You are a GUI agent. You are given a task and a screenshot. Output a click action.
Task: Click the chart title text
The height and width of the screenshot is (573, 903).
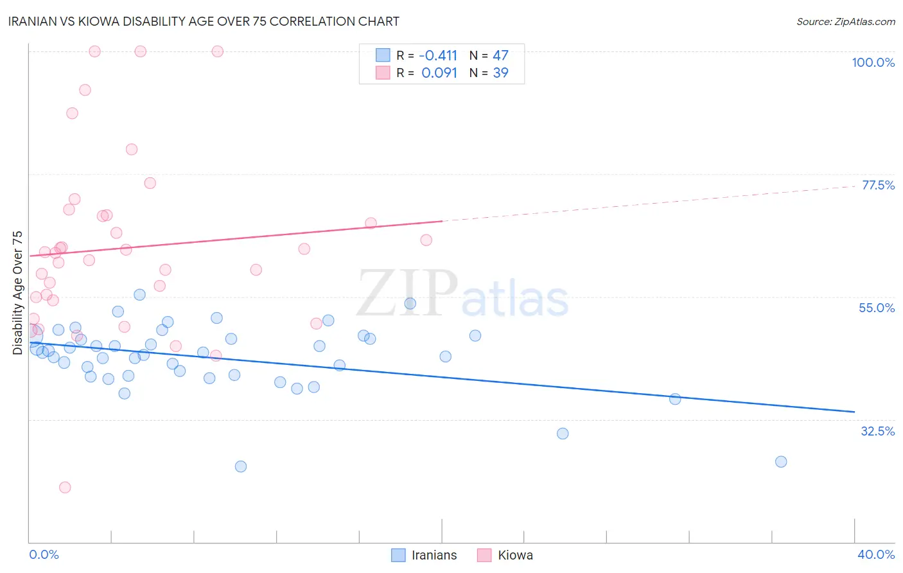pyautogui.click(x=204, y=21)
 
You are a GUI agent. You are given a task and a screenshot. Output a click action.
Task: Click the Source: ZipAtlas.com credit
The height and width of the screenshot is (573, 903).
pyautogui.click(x=845, y=21)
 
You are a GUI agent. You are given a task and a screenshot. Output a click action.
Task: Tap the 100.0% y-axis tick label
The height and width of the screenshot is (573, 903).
pyautogui.click(x=873, y=62)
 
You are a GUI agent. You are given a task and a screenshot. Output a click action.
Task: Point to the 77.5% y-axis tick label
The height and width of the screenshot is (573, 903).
pyautogui.click(x=878, y=185)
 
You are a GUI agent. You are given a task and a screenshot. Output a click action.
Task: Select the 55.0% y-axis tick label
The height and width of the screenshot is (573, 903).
pyautogui.click(x=877, y=308)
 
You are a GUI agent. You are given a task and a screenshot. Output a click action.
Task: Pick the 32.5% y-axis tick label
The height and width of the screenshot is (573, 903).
pyautogui.click(x=877, y=431)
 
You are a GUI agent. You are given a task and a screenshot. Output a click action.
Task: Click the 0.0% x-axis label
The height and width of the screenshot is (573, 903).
pyautogui.click(x=44, y=554)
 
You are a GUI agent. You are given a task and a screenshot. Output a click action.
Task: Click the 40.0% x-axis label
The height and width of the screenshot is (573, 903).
pyautogui.click(x=876, y=554)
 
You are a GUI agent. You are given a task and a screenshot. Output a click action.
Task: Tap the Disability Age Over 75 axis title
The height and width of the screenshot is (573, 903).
pyautogui.click(x=17, y=292)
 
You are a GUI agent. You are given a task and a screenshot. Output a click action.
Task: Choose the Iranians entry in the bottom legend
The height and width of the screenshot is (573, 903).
pyautogui.click(x=434, y=555)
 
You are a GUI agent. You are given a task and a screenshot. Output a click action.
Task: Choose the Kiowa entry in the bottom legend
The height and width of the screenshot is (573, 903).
pyautogui.click(x=515, y=555)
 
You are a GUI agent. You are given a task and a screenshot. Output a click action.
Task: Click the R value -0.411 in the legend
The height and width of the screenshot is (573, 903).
pyautogui.click(x=439, y=55)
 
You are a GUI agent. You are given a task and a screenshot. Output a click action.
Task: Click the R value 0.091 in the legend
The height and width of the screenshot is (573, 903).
pyautogui.click(x=439, y=73)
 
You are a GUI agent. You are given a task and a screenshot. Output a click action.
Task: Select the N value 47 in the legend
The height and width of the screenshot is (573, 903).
pyautogui.click(x=500, y=55)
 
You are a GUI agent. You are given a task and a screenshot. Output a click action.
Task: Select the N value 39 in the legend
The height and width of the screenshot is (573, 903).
pyautogui.click(x=500, y=73)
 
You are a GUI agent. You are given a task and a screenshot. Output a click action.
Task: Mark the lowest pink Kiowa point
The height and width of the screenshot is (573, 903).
pyautogui.click(x=65, y=487)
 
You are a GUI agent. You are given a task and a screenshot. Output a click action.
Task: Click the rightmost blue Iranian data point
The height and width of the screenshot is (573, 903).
pyautogui.click(x=781, y=461)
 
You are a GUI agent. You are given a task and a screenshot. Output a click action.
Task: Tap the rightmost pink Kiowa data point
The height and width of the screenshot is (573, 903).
pyautogui.click(x=426, y=240)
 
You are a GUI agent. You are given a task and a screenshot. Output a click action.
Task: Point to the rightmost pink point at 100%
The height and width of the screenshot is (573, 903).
pyautogui.click(x=217, y=51)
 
